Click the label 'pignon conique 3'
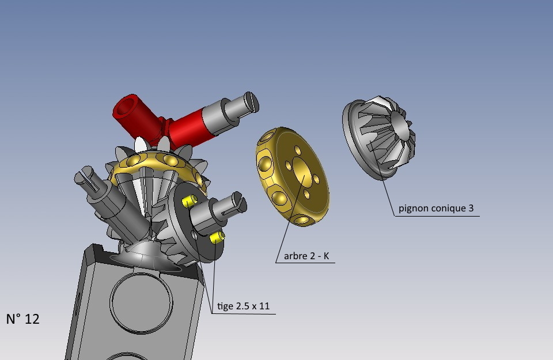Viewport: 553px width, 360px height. [x=436, y=209]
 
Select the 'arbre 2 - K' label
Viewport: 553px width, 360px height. [x=306, y=256]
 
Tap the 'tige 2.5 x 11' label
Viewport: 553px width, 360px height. [x=243, y=306]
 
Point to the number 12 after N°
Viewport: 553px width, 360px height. [x=32, y=319]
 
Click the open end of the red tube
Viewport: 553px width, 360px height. [x=126, y=107]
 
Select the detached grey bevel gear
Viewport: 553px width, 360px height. [x=378, y=137]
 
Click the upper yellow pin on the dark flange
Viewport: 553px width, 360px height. [x=190, y=201]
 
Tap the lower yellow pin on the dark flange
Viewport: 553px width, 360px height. [x=217, y=237]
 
